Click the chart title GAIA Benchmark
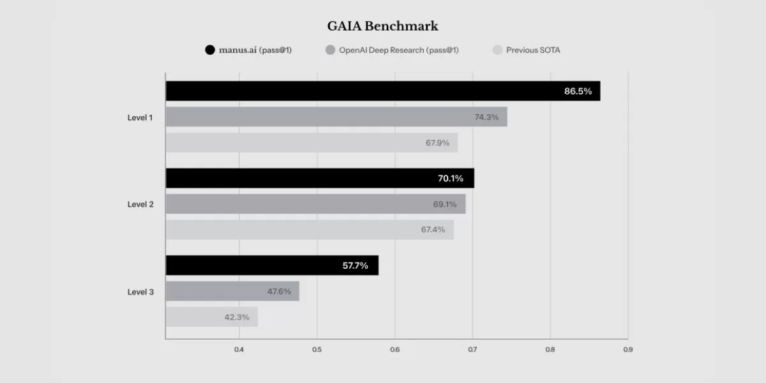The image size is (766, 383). tap(382, 26)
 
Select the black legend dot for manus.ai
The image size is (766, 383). tap(210, 50)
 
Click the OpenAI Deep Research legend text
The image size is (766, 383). tap(399, 50)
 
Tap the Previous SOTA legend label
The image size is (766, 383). tap(533, 50)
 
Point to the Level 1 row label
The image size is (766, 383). tap(140, 117)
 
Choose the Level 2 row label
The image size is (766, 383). tap(140, 204)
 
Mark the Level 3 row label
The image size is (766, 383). tap(140, 292)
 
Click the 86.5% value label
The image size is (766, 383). tap(578, 91)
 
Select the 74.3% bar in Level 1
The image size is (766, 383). tap(336, 117)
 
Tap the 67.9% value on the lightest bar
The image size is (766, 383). tap(437, 143)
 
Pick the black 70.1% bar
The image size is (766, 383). tap(320, 178)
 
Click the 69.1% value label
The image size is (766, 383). tap(445, 204)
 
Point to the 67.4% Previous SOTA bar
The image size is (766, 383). tap(310, 229)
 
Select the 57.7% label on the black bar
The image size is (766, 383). tap(356, 266)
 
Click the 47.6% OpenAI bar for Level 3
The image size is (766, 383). tap(232, 291)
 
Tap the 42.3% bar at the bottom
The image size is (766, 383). tap(212, 317)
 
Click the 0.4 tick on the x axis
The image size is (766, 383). tap(239, 350)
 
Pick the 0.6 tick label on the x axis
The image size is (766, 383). tap(395, 350)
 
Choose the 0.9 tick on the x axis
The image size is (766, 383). tap(628, 350)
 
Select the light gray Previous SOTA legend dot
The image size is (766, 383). tap(497, 50)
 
